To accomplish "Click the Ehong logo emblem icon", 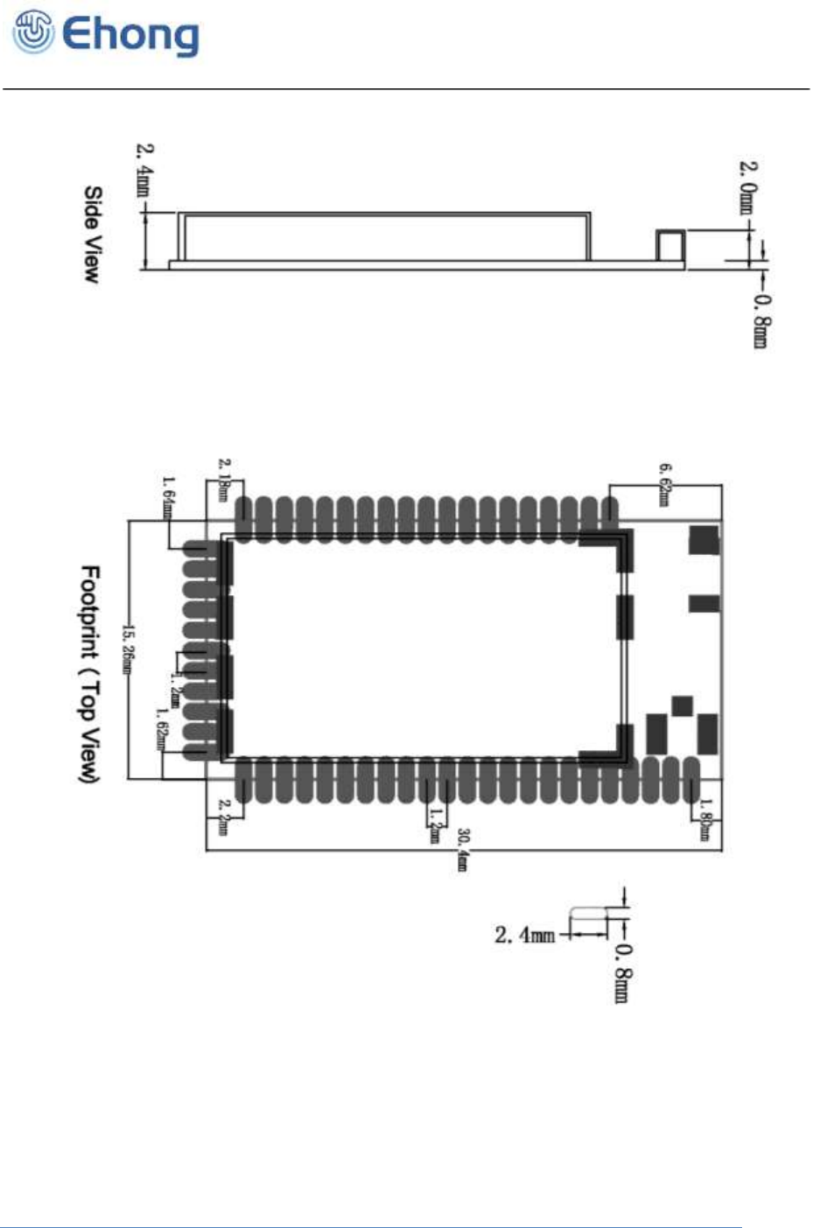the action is tap(32, 34).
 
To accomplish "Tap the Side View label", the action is tap(92, 234).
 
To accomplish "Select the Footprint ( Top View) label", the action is tap(90, 674).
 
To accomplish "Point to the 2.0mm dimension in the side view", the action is tap(748, 186).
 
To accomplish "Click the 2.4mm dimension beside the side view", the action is tap(144, 170).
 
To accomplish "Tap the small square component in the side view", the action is tap(671, 245).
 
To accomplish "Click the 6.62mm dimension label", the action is tap(664, 484).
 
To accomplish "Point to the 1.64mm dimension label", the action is tap(167, 496).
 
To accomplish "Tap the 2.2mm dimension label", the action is tap(224, 817).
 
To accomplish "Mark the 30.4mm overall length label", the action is tap(463, 849).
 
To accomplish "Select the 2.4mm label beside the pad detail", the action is tap(524, 935).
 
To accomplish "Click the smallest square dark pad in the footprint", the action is tap(683, 705).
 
